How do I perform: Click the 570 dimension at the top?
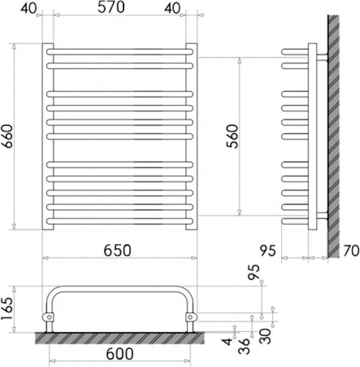[111, 7]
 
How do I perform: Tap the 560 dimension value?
[232, 136]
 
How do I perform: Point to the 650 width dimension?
[117, 251]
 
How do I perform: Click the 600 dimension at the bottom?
[120, 354]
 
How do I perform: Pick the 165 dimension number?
[6, 309]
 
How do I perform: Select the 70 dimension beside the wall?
[351, 251]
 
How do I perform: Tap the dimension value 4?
[227, 342]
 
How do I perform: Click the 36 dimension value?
[244, 346]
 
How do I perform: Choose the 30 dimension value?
[265, 336]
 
